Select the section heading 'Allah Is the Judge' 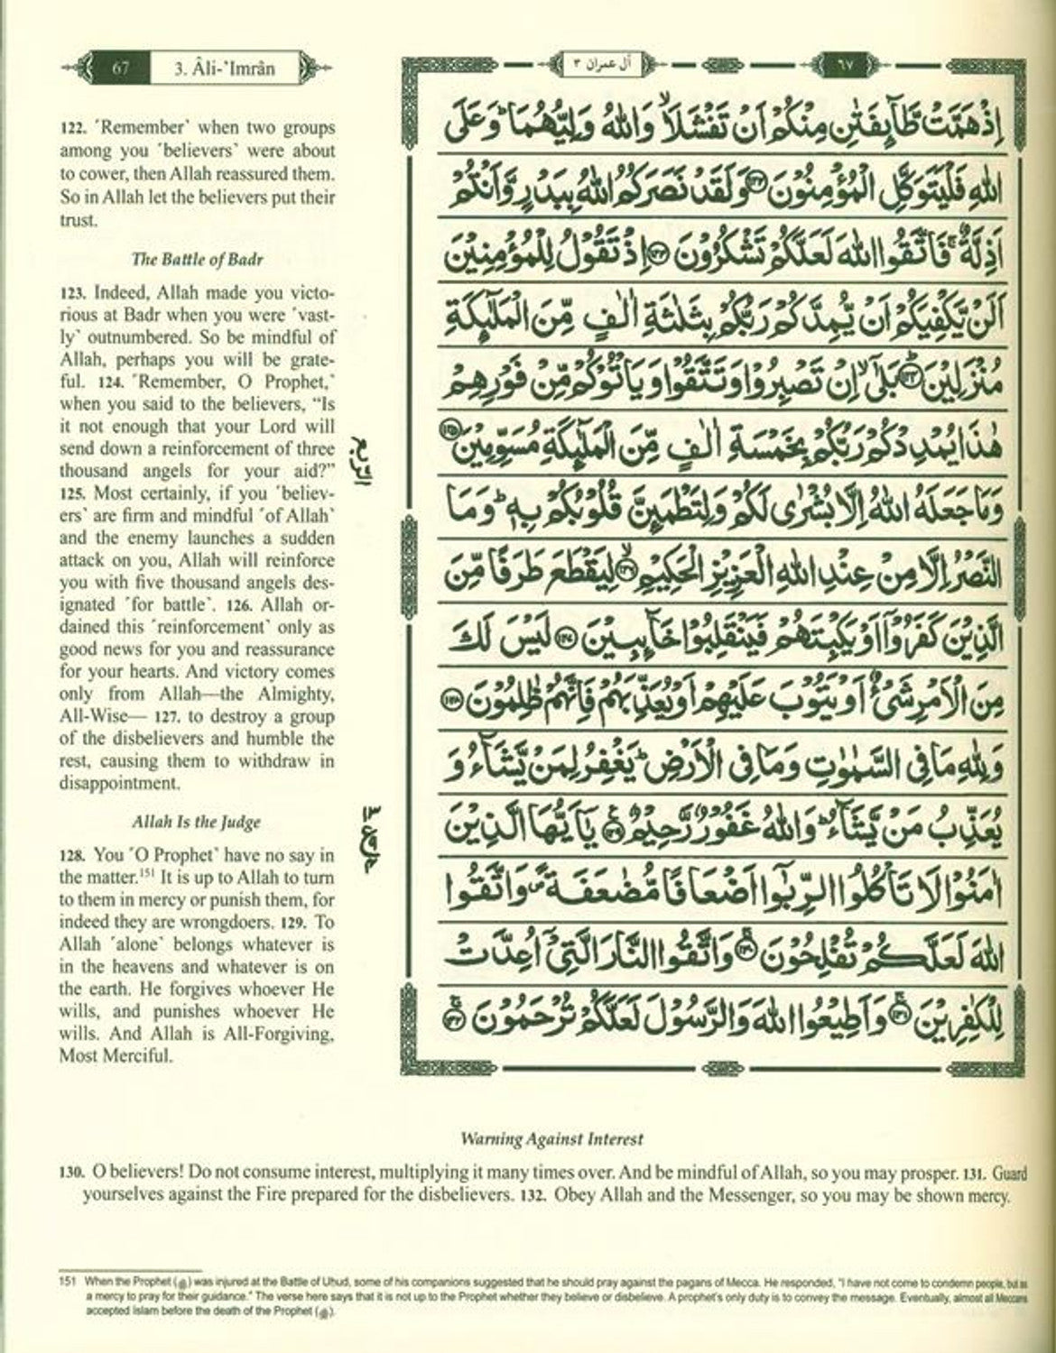[197, 822]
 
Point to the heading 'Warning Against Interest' [551, 1138]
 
